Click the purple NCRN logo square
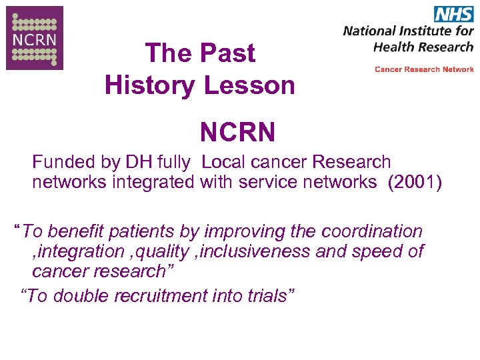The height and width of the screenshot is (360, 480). click(35, 38)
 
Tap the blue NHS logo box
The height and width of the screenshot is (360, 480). click(453, 14)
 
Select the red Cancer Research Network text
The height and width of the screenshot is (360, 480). click(424, 69)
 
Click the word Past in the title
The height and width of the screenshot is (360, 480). click(228, 53)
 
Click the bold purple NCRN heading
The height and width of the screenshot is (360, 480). click(237, 132)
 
